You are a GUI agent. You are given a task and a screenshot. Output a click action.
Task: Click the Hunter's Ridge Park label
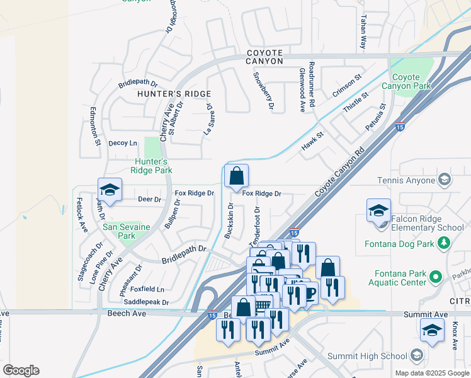click(x=152, y=165)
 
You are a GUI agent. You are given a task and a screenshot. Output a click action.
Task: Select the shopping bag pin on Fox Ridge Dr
click(x=236, y=177)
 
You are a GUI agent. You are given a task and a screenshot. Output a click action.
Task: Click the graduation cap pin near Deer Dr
click(x=110, y=190)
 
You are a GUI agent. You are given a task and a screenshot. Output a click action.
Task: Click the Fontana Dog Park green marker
click(x=445, y=243)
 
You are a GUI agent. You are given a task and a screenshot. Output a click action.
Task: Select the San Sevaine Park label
click(x=119, y=232)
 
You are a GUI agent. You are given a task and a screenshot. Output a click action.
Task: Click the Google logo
click(x=21, y=370)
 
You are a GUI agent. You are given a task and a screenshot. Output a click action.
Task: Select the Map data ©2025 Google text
click(x=431, y=373)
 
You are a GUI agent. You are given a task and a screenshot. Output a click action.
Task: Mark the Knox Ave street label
click(x=455, y=337)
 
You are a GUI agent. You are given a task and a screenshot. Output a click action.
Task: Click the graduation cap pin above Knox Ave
click(x=432, y=330)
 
